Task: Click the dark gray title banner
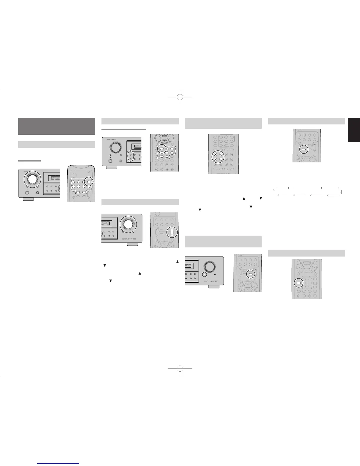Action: click(57, 126)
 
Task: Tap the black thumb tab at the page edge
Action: click(354, 130)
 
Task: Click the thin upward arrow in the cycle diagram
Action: click(274, 192)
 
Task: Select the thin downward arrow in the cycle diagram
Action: click(341, 192)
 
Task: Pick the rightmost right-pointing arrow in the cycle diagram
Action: click(333, 187)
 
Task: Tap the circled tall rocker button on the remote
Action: click(172, 232)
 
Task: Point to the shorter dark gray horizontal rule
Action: click(29, 161)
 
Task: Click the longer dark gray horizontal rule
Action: click(124, 129)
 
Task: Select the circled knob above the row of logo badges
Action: click(128, 224)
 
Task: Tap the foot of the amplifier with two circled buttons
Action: click(112, 168)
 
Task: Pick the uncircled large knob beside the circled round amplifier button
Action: click(210, 266)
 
